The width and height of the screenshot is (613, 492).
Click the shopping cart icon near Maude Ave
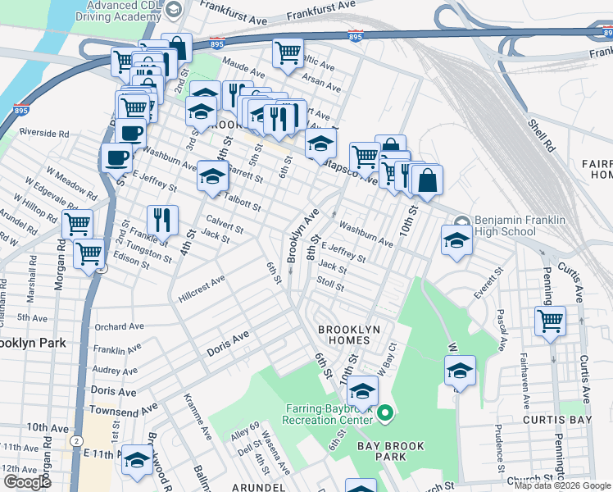(x=288, y=52)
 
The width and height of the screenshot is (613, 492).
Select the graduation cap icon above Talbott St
(x=212, y=175)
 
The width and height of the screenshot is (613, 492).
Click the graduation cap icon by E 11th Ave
(x=136, y=461)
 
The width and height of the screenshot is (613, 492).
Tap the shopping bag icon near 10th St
(x=427, y=179)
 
